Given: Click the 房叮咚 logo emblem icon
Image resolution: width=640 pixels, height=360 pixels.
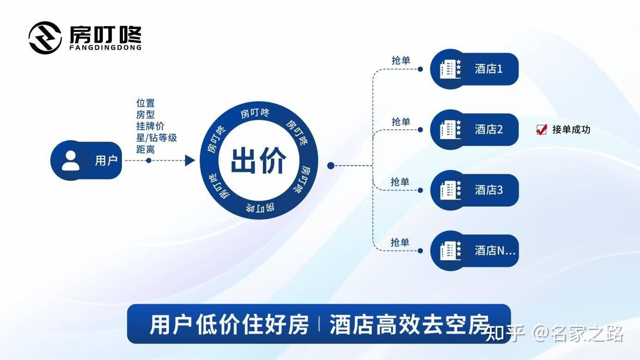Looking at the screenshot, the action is coord(45,37).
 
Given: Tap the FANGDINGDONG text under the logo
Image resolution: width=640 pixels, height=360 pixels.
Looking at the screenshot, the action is coord(105,47).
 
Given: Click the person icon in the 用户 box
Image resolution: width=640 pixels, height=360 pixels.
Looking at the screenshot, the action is coord(71,161).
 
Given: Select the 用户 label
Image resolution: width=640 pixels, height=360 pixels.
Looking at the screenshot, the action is coord(106,161).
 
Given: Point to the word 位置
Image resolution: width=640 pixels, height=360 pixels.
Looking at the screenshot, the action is coord(145,103).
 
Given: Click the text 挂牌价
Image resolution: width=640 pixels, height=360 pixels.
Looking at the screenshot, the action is coord(150,126).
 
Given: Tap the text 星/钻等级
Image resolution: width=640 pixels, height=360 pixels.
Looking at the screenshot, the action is coord(157,138).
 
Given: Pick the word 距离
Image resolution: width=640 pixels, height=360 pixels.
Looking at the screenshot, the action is coord(145,150).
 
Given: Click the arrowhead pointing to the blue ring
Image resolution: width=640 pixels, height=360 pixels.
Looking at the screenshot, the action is coord(189,161).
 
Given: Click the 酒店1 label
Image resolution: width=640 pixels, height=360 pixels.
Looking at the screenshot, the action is coord(489,69).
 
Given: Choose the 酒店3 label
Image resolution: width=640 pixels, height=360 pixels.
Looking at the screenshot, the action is coord(489,190).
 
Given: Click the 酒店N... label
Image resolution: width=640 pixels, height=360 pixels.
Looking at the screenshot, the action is coord(495,251).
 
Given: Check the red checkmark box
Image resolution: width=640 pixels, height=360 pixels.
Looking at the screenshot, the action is coord(541,130).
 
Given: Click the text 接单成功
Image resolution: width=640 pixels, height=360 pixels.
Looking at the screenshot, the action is coord(571,130).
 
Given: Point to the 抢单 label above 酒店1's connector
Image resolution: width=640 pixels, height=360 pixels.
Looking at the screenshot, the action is coord(401,60).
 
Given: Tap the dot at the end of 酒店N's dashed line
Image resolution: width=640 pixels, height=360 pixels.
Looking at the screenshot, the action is coord(420,251).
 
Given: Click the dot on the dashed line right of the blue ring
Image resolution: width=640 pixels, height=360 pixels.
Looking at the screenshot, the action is coord(331,165).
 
